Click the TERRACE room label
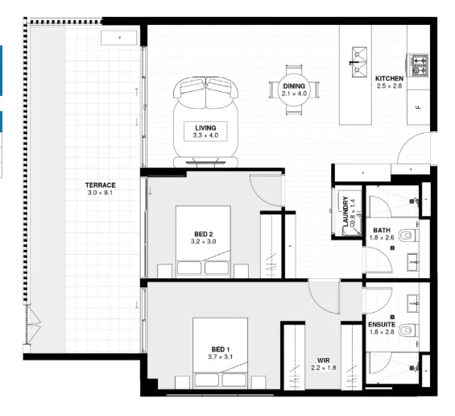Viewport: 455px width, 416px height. (x=101, y=185)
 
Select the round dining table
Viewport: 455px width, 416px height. (x=295, y=89)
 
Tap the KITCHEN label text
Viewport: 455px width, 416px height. (x=389, y=78)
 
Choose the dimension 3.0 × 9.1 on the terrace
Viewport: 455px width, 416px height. (x=101, y=193)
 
